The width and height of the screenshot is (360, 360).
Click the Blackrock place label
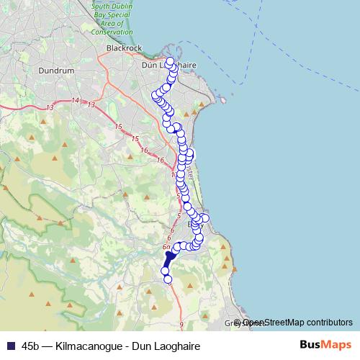pyautogui.click(x=121, y=48)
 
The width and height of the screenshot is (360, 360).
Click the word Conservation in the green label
pyautogui.click(x=112, y=32)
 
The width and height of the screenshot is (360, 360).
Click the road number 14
pyautogui.click(x=76, y=101)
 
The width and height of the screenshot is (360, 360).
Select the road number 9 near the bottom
pyautogui.click(x=182, y=325)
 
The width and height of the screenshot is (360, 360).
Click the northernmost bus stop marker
pyautogui.click(x=170, y=61)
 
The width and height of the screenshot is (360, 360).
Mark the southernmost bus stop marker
pyautogui.click(x=168, y=279)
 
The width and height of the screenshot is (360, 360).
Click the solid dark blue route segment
pyautogui.click(x=170, y=258)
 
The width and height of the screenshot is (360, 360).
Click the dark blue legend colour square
pyautogui.click(x=10, y=346)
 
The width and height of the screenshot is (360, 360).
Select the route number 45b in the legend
pyautogui.click(x=31, y=346)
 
